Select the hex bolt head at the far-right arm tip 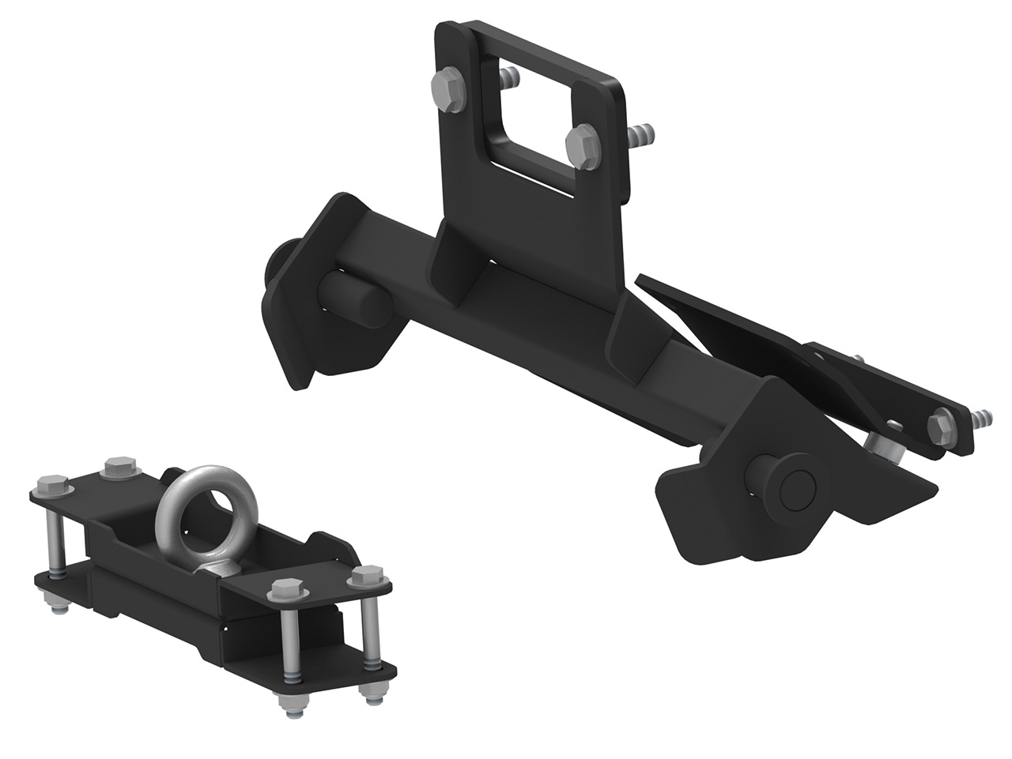click(942, 426)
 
